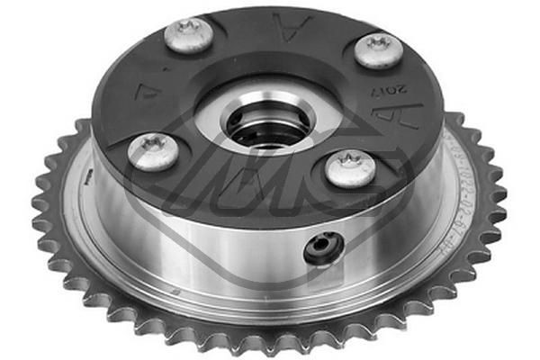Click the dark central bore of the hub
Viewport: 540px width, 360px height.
pos(260,132)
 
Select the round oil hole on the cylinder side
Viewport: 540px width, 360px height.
pos(324,248)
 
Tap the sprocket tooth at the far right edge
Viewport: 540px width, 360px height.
pos(499,193)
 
